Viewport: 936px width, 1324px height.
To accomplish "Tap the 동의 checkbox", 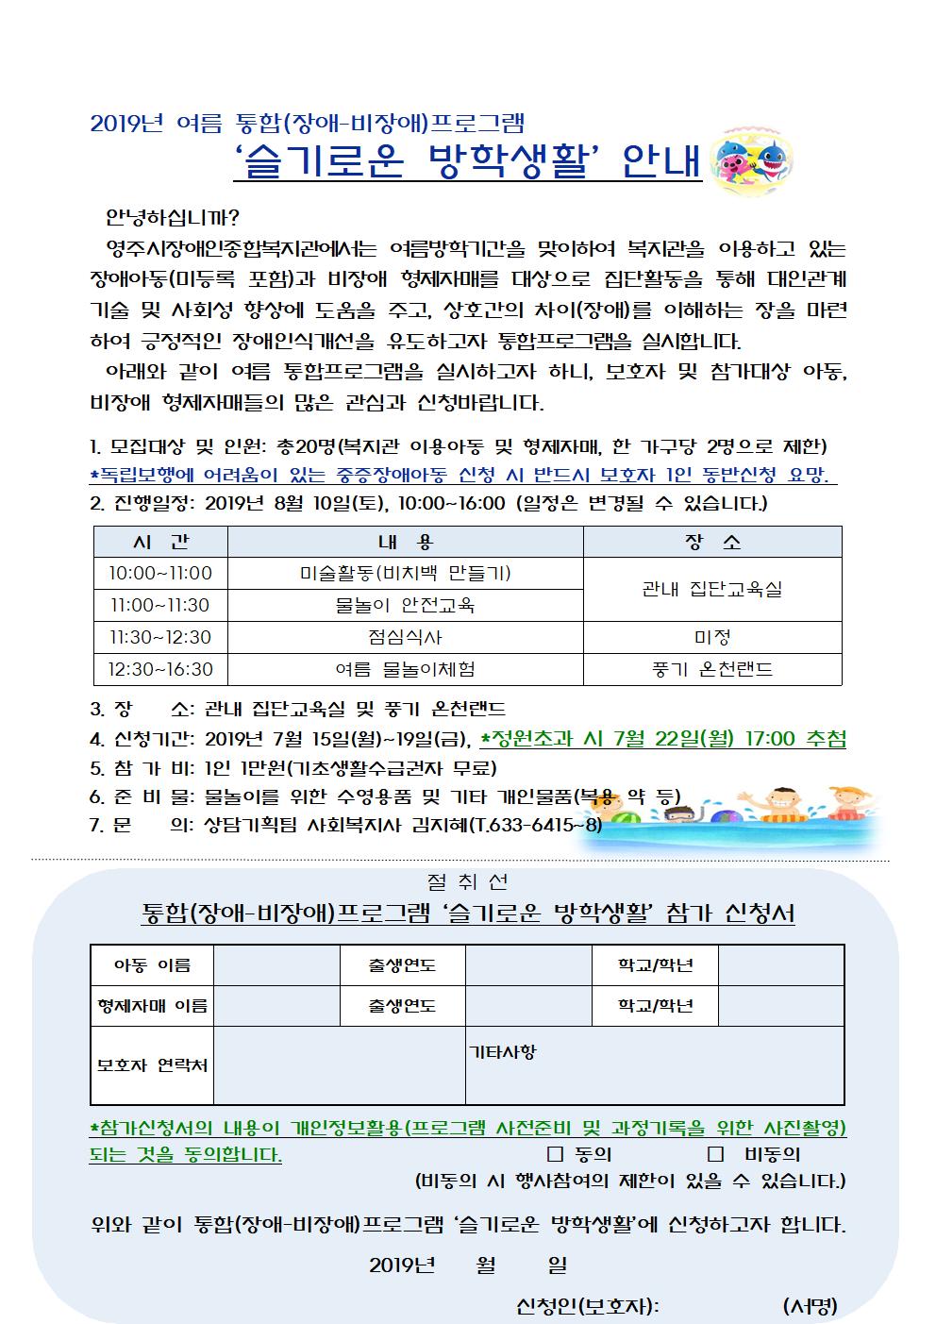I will pyautogui.click(x=555, y=1153).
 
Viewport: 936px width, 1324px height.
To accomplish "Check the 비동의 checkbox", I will pyautogui.click(x=715, y=1153).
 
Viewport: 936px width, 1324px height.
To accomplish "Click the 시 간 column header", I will pyautogui.click(x=160, y=542).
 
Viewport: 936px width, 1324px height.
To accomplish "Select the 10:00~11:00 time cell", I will pyautogui.click(x=160, y=573).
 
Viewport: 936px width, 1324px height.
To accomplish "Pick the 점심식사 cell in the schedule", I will pyautogui.click(x=406, y=637).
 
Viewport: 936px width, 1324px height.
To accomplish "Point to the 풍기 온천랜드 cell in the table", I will pyautogui.click(x=712, y=669).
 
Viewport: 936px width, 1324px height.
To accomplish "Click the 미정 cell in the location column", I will pyautogui.click(x=712, y=637).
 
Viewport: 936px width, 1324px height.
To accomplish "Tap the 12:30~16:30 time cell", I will pyautogui.click(x=160, y=669).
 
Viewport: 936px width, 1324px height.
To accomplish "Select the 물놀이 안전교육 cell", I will pyautogui.click(x=406, y=605).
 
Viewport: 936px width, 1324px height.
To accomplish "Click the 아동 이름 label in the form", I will pyautogui.click(x=152, y=964).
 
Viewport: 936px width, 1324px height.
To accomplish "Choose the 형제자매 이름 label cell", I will pyautogui.click(x=152, y=1005).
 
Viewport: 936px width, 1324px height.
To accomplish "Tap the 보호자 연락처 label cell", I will pyautogui.click(x=152, y=1065).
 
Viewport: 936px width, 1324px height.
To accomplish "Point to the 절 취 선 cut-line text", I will pyautogui.click(x=467, y=882).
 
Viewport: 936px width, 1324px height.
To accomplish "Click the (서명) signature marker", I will pyautogui.click(x=810, y=1306).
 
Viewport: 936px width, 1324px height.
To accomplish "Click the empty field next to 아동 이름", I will pyautogui.click(x=276, y=964).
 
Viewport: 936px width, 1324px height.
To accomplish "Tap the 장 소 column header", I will pyautogui.click(x=712, y=542).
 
